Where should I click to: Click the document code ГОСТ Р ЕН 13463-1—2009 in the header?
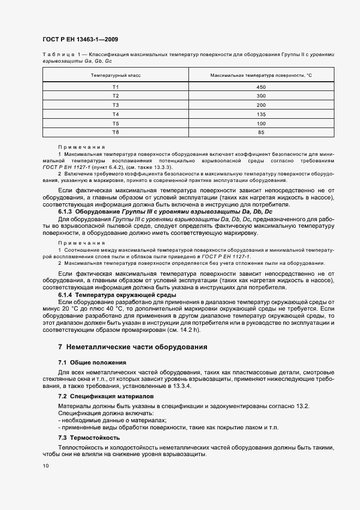[x=80, y=40]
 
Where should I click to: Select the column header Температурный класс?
[x=115, y=75]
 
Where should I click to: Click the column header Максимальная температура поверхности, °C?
[x=261, y=75]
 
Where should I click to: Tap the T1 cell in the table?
[x=115, y=87]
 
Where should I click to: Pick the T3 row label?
[x=115, y=105]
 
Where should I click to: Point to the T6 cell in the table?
[x=115, y=132]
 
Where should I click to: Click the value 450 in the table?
[x=261, y=87]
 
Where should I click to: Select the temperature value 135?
[x=261, y=114]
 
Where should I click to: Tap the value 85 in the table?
[x=261, y=132]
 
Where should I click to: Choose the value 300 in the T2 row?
[x=261, y=96]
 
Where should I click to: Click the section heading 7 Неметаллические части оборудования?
[x=132, y=347]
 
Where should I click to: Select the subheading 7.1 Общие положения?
[x=91, y=362]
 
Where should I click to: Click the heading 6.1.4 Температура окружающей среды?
[x=117, y=295]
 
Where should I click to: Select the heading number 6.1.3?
[x=67, y=211]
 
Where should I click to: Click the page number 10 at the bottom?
[x=45, y=466]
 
